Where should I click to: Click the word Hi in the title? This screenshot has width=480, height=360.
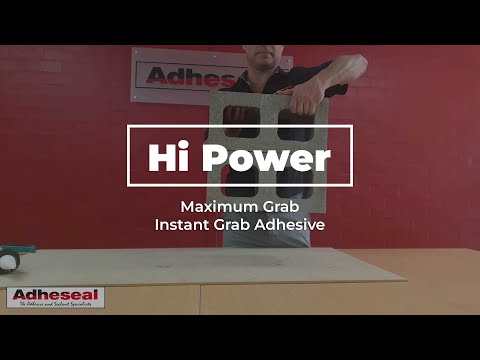pos(166,156)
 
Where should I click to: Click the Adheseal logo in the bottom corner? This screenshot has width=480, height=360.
pos(55,296)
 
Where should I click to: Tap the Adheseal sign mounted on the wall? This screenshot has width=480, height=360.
pos(180,75)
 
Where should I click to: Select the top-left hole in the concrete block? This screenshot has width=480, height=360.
pos(243,117)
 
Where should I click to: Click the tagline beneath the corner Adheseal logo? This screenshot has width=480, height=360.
pos(55,305)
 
